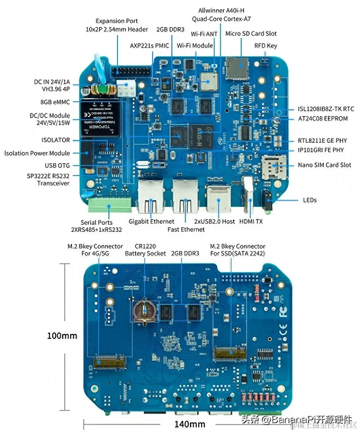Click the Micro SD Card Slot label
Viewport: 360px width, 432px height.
(251, 33)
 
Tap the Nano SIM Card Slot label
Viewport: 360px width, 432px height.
(324, 165)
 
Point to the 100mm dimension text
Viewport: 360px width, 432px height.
(62, 336)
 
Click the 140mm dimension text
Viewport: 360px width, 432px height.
(190, 424)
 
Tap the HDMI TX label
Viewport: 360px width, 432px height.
(251, 221)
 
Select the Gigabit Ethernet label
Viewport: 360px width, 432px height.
(151, 221)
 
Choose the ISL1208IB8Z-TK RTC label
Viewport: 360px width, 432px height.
(326, 109)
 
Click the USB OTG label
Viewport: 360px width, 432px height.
(57, 166)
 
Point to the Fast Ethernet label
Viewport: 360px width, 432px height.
(185, 229)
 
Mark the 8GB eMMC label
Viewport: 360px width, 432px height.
(55, 102)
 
